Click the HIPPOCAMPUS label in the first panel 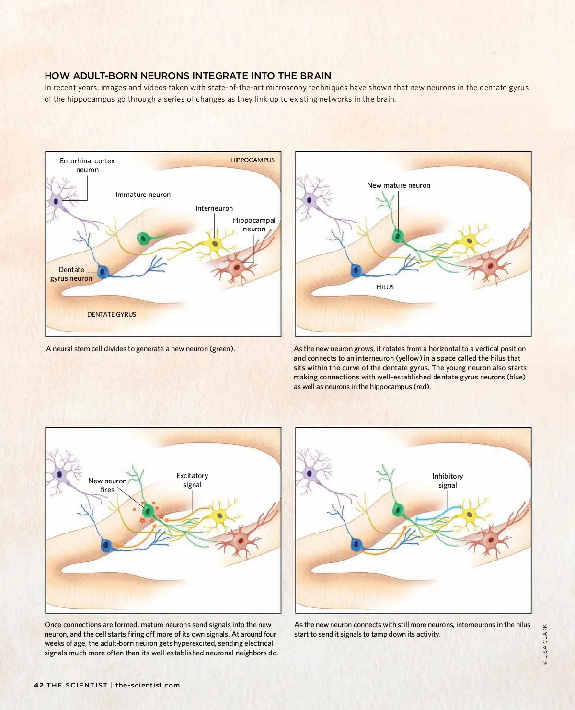point(253,160)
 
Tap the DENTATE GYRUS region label point(111,314)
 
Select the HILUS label point(385,287)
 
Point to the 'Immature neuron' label point(143,195)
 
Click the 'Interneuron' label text point(214,208)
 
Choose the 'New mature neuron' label point(398,185)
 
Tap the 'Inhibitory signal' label point(448,481)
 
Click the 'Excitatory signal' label point(192,480)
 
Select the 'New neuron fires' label point(107,485)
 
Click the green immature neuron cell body point(143,238)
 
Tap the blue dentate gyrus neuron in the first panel point(103,271)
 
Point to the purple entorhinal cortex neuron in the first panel point(56,202)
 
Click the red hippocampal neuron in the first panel point(236,267)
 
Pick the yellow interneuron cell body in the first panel point(215,244)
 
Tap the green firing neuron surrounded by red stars point(148,511)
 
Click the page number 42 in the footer point(39,685)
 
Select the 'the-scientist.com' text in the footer point(147,685)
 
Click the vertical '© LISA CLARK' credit point(545,644)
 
